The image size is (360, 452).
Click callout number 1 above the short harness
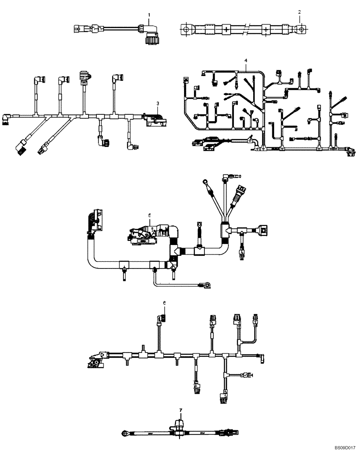coord(149,15)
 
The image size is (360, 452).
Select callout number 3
coord(157,104)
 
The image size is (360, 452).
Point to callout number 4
coord(246,60)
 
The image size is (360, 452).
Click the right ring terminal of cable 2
coord(299,30)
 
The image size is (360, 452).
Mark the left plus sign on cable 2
coord(225,30)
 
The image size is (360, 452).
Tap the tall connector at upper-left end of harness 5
coord(96,219)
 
